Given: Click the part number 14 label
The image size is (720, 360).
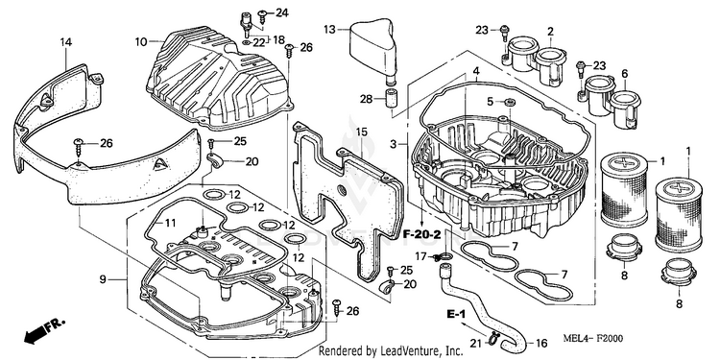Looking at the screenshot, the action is coord(66,42).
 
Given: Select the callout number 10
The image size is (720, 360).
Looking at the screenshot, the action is coord(140,42).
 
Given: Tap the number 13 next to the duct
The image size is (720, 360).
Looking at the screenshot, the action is coord(329,30).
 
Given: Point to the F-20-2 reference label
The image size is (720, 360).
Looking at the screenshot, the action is coord(422,234).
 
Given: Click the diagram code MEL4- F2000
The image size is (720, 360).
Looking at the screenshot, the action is coord(593,339).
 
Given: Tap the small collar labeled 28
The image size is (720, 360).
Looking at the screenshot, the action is coord(391,99).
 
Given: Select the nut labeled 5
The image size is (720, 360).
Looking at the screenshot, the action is coord(508,101).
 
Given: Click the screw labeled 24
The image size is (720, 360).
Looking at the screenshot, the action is coord(263,16).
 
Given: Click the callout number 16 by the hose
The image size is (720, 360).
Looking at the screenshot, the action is coord(541,343).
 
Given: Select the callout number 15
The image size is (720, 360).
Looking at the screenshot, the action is coord(361,132).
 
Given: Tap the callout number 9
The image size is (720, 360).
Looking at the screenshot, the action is coord(103,278).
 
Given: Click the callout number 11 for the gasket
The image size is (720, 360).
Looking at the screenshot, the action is coord(170,223).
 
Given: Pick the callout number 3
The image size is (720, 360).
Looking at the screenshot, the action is coord(393,144).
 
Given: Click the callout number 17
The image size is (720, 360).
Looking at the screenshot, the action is coord(421,256).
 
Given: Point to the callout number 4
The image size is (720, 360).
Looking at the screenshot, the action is coord(476,71).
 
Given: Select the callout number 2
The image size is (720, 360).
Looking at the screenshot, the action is coord(550,32).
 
